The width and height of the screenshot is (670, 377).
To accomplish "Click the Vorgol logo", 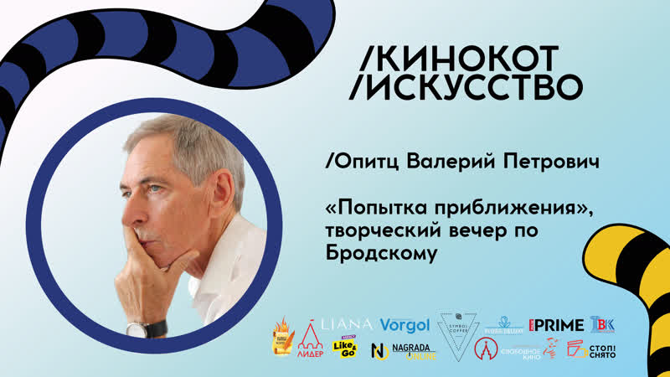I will [405, 325].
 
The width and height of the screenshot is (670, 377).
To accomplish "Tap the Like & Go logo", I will [344, 349].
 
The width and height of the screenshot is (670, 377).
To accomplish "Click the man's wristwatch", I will [149, 328].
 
